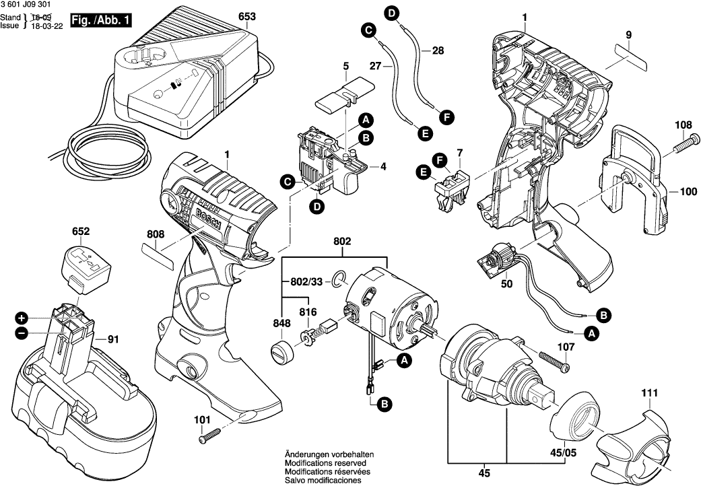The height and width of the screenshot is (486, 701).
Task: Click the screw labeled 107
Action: pos(553,362)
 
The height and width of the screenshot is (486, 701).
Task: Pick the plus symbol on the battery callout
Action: pos(22,317)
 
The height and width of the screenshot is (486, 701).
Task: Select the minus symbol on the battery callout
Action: pos(22,333)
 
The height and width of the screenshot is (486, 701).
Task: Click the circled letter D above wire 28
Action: pos(392,12)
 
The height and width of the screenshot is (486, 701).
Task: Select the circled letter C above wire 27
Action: pos(368,30)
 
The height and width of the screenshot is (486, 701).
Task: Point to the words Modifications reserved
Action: pos(325,464)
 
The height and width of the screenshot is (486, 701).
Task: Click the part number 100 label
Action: pos(688,192)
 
